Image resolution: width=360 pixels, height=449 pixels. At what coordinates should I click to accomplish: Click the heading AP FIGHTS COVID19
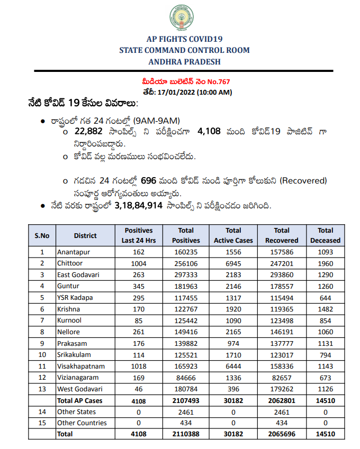[x=184, y=39]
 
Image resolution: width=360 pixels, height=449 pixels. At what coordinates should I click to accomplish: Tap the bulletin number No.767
[x=217, y=82]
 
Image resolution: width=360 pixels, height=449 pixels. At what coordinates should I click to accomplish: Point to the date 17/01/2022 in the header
[x=176, y=91]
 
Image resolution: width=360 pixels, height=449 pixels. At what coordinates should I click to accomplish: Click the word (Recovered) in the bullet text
[x=303, y=180]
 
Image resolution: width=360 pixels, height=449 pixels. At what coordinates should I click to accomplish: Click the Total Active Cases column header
[x=233, y=235]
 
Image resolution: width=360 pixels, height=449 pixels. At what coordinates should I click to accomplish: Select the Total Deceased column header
[x=326, y=235]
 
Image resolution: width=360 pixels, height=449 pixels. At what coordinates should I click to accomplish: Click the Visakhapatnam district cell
[x=80, y=366]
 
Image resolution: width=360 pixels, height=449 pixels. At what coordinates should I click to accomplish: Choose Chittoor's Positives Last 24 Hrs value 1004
[x=138, y=263]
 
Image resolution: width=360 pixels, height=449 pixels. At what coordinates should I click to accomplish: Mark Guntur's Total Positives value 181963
[x=186, y=286]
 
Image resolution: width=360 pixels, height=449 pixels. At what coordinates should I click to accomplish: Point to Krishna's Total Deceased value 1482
[x=326, y=309]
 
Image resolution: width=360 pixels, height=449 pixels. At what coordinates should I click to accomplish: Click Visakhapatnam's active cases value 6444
[x=233, y=366]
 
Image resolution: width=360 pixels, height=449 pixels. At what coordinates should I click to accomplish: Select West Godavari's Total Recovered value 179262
[x=282, y=389]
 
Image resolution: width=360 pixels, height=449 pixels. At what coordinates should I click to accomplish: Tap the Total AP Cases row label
[x=79, y=400]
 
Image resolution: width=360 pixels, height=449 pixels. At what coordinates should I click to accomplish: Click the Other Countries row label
[x=82, y=423]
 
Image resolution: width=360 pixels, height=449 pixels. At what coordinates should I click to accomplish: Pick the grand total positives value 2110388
[x=186, y=434]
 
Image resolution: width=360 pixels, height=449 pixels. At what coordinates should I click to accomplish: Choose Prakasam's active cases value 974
[x=233, y=343]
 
